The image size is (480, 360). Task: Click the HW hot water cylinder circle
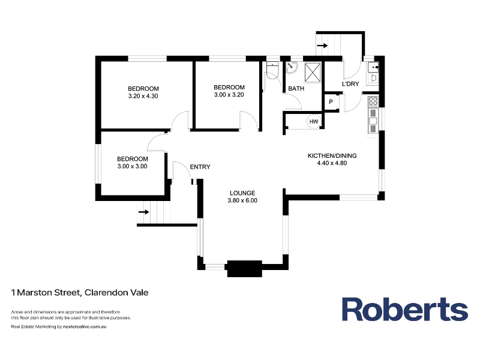pos(314,122)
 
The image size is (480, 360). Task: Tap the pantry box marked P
pos(331,102)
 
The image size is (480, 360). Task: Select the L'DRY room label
pos(350,84)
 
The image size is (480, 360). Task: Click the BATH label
pos(296,88)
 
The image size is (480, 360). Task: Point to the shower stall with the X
pos(313,73)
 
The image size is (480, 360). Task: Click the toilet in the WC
pos(272,71)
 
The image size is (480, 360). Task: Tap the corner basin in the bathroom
pos(292,68)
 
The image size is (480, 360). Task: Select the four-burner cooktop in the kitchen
pos(373,101)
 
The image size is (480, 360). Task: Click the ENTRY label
pos(200,167)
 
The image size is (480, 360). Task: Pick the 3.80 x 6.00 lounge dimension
pos(242,200)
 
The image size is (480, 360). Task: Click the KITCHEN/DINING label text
pos(332,155)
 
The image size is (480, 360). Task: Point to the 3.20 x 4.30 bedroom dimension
pos(143,96)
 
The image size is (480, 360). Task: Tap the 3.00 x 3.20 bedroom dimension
pos(229,95)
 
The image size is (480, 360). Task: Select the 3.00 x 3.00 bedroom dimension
pos(132,166)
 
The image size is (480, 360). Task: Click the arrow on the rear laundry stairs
pos(322,46)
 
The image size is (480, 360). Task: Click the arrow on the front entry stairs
pos(144,212)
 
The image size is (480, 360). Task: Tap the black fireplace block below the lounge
pos(244,269)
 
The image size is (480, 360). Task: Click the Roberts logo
pos(404,309)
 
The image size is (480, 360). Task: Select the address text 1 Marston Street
pos(46,293)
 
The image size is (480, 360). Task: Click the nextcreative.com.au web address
pos(85,326)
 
